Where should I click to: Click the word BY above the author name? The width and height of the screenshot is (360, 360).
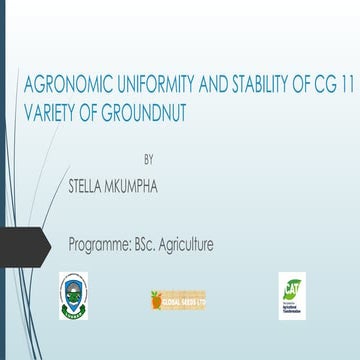150,158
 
